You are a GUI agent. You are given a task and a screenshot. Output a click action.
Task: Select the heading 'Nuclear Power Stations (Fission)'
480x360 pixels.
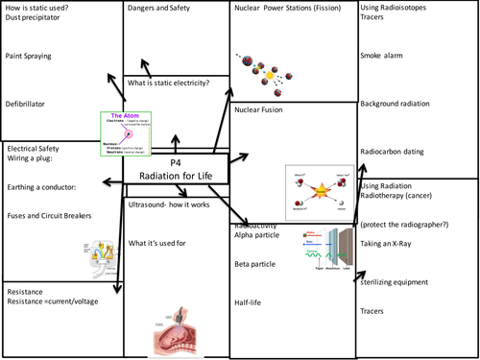292,9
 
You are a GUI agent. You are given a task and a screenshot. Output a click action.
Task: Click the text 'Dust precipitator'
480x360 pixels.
37,18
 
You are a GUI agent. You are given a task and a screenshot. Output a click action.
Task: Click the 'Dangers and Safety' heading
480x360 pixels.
164,9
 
